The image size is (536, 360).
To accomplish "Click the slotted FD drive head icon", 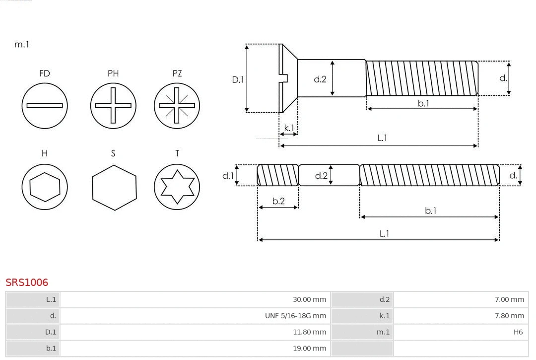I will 45,105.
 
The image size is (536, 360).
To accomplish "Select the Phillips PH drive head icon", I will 113,105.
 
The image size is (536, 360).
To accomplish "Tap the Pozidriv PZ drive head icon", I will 177,105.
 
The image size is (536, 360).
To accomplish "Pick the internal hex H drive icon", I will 45,187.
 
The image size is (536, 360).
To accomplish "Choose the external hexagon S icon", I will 114,187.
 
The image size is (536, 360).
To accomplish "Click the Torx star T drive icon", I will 177,187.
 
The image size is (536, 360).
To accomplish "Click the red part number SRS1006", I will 27,283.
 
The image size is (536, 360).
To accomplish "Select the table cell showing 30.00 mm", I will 309,299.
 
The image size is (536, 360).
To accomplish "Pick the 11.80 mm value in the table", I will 309,332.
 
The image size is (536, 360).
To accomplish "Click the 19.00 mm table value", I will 309,349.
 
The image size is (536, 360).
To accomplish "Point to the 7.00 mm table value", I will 509,299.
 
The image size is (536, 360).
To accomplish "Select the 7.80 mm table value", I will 509,316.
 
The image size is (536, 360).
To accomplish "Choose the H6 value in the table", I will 518,332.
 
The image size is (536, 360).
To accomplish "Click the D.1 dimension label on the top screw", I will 238,79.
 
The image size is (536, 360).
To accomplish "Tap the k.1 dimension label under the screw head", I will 288,128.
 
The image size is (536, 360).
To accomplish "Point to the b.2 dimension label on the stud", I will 278,201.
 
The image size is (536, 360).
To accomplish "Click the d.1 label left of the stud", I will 228,175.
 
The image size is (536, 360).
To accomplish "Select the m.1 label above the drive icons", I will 22,44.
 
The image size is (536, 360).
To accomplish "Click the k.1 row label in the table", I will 384,316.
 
